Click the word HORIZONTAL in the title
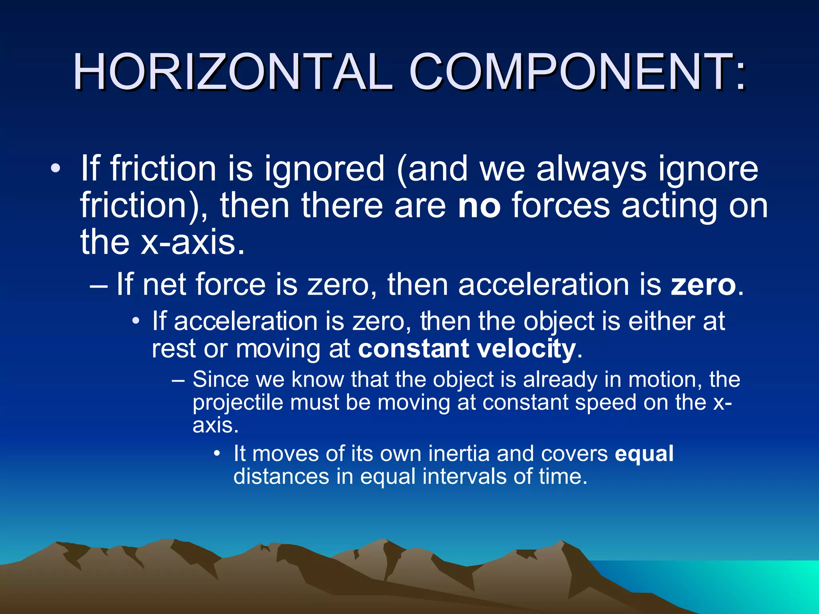(x=232, y=73)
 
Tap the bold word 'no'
(x=479, y=205)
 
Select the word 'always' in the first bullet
(x=591, y=169)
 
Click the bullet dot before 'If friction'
(x=56, y=169)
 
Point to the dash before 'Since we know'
(x=178, y=379)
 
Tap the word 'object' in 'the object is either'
(x=559, y=321)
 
